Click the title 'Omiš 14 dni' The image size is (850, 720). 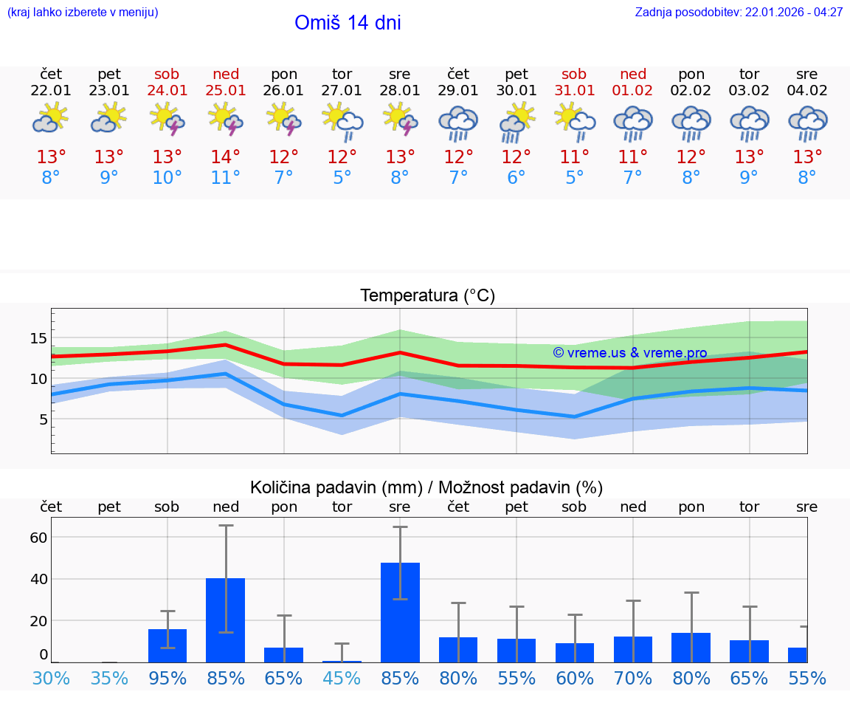pyautogui.click(x=348, y=23)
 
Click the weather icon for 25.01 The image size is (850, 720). pyautogui.click(x=226, y=120)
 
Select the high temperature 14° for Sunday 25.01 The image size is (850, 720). pyautogui.click(x=226, y=157)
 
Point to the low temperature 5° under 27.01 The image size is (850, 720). pyautogui.click(x=342, y=178)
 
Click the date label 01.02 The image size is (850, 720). pyautogui.click(x=632, y=91)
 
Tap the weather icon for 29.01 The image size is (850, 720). pyautogui.click(x=458, y=122)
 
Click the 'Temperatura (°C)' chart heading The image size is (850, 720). pyautogui.click(x=427, y=296)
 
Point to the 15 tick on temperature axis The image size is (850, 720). pyautogui.click(x=38, y=338)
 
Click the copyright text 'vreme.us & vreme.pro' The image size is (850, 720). pyautogui.click(x=630, y=353)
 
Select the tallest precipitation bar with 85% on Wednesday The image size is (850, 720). pyautogui.click(x=400, y=612)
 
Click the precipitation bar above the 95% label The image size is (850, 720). pyautogui.click(x=167, y=645)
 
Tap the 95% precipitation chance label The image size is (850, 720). pyautogui.click(x=167, y=678)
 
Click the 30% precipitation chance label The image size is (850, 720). pyautogui.click(x=51, y=678)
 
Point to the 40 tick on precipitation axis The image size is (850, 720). pyautogui.click(x=38, y=579)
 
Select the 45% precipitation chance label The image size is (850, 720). pyautogui.click(x=342, y=678)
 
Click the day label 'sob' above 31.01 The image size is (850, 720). pyautogui.click(x=574, y=74)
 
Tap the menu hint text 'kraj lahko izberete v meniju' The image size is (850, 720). pyautogui.click(x=83, y=13)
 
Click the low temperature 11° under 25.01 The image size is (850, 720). pyautogui.click(x=226, y=178)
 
